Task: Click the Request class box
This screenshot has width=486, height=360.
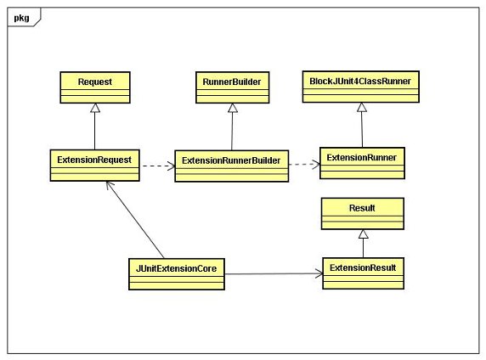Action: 95,87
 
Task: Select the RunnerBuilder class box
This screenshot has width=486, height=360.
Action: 232,87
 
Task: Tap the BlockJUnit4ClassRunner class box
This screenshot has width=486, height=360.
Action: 361,87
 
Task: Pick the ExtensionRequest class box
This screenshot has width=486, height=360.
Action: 95,166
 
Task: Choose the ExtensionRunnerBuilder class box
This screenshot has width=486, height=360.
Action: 232,166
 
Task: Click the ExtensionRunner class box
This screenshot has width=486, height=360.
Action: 362,163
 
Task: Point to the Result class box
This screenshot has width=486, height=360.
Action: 362,213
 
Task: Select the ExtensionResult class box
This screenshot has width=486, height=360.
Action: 363,273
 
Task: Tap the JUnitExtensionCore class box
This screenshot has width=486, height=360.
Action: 177,274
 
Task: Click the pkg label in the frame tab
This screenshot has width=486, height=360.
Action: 21,18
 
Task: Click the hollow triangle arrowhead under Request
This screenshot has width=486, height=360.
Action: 95,108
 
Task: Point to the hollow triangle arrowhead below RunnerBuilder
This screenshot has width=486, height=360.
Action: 233,108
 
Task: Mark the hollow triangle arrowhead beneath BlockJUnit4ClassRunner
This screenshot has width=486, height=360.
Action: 362,107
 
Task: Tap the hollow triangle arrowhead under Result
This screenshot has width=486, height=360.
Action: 364,233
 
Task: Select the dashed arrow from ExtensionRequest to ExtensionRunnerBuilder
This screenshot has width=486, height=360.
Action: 157,166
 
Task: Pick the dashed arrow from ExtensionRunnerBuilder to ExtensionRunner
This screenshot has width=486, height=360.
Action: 304,164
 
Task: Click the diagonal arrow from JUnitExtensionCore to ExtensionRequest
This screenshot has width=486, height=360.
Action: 135,220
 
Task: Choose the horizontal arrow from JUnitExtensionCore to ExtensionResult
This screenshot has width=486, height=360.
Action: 274,274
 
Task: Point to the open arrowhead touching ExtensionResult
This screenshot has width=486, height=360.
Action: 319,273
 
